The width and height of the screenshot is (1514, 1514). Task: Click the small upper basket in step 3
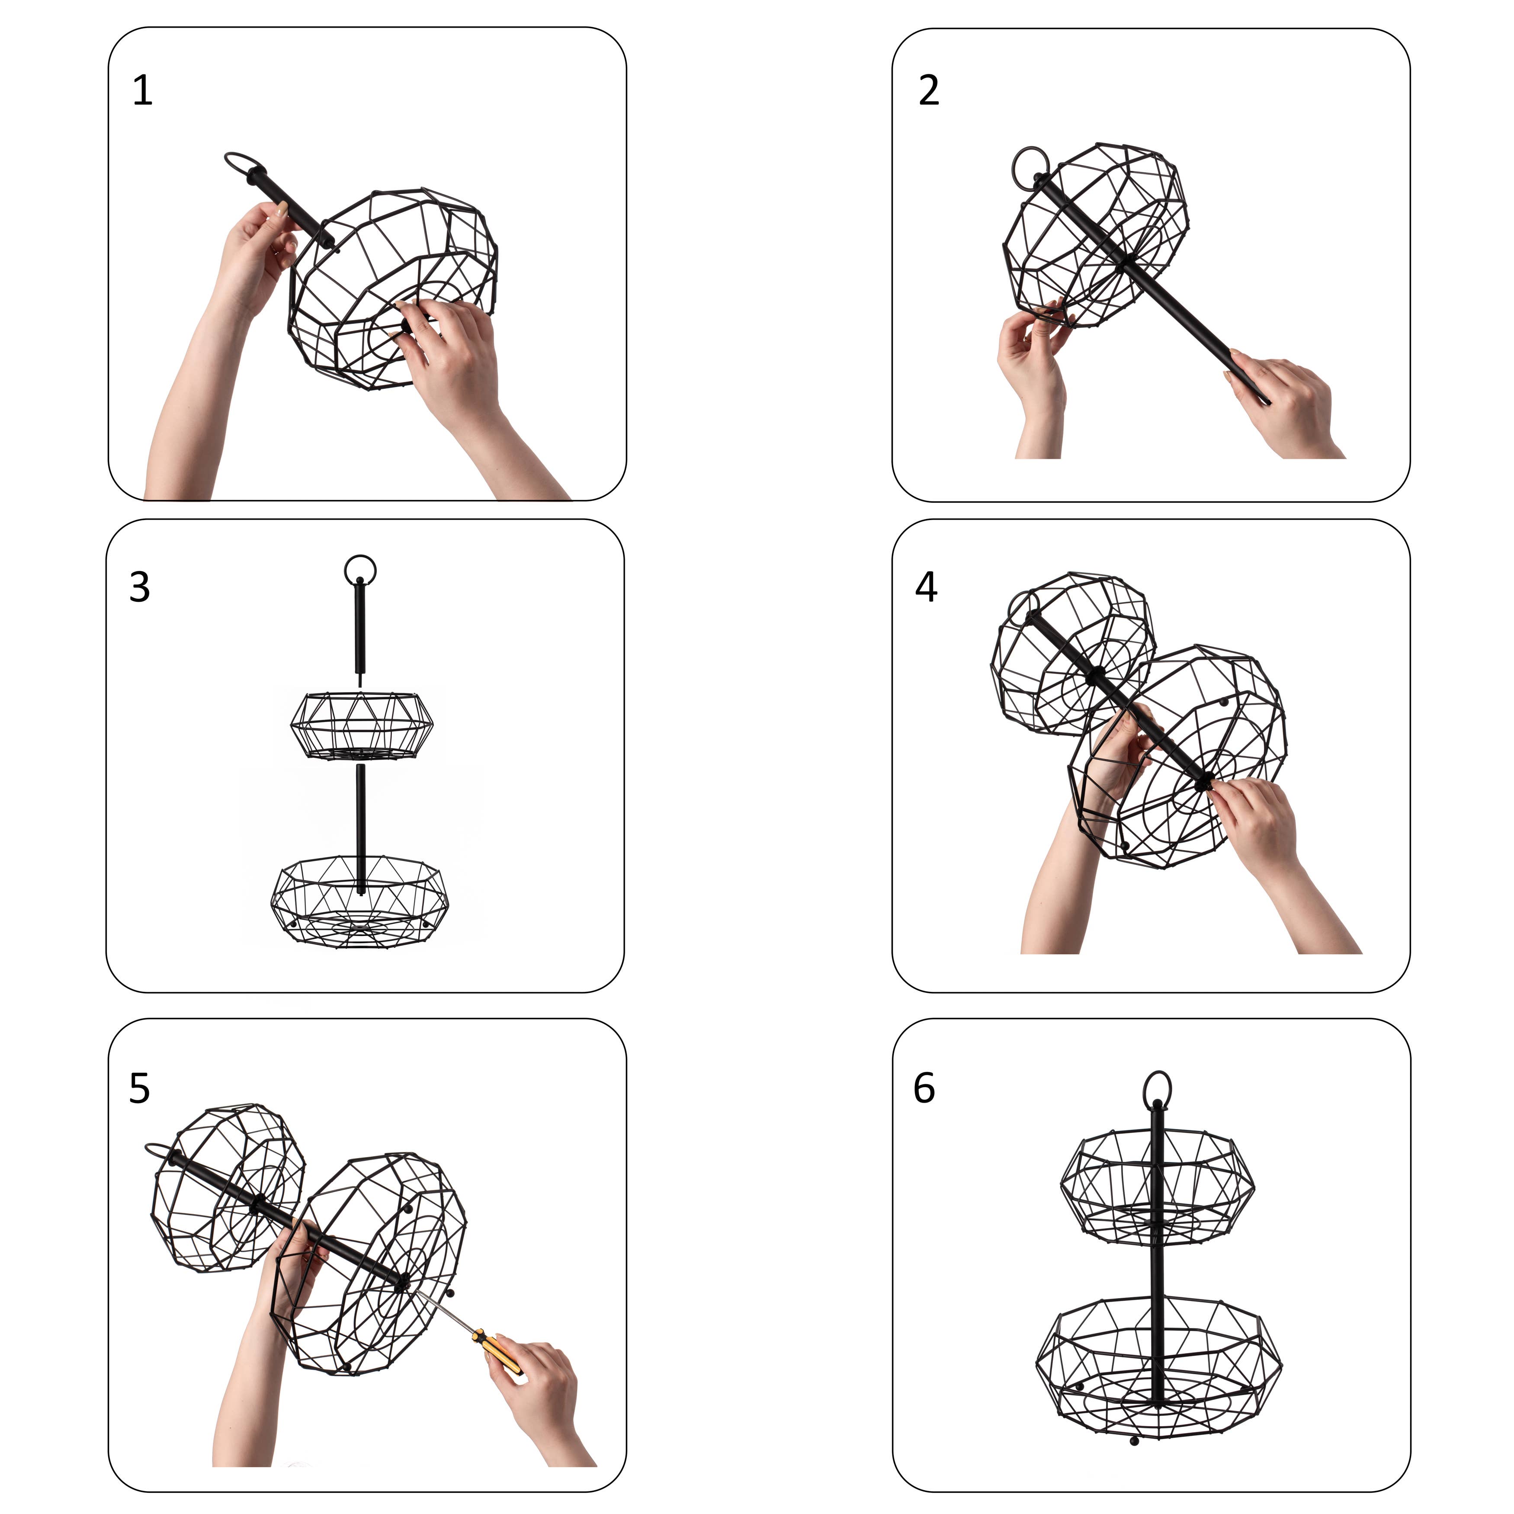coord(360,725)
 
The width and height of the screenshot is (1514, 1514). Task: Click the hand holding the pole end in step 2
coord(1285,404)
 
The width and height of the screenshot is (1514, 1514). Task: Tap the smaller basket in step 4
coord(1072,654)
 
